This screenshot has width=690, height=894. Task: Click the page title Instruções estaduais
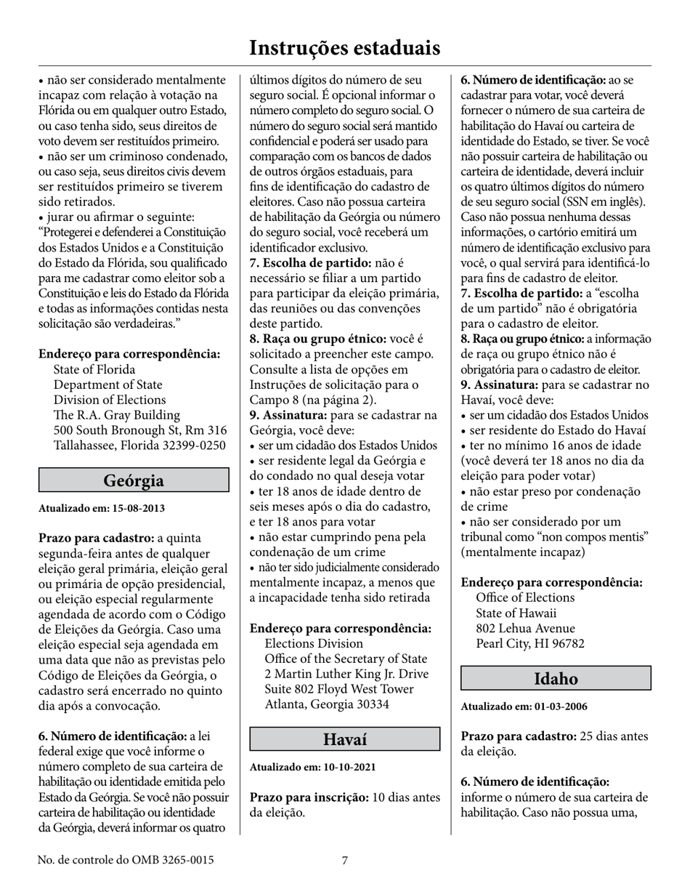click(x=344, y=48)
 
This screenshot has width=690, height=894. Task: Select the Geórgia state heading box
click(x=134, y=480)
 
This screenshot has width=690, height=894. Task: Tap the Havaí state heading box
click(x=344, y=739)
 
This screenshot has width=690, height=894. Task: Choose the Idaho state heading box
click(x=556, y=679)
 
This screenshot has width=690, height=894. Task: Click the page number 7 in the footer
click(x=345, y=861)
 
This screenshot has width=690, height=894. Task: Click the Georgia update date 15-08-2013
click(x=137, y=509)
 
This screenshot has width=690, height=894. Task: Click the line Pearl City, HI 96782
click(x=530, y=644)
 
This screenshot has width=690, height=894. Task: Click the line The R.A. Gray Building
click(x=116, y=415)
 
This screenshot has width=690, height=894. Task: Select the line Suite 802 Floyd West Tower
click(x=339, y=689)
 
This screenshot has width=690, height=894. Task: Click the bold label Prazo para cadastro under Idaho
click(x=519, y=736)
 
